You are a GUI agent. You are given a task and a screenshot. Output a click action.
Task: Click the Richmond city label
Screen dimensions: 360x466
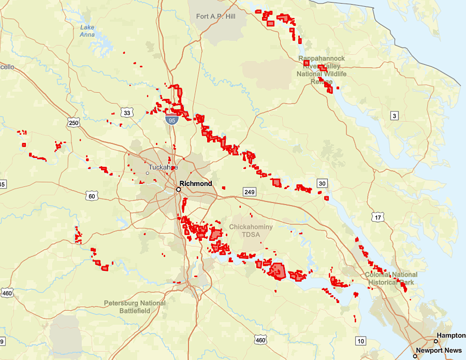196,184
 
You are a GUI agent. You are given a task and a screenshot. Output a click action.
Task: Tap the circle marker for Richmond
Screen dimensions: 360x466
178,190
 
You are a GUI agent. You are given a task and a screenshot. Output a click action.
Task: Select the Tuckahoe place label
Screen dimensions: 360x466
163,167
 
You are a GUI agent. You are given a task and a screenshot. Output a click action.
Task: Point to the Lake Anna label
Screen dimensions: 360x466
88,31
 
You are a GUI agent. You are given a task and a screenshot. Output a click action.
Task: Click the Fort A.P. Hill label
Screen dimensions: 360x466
215,17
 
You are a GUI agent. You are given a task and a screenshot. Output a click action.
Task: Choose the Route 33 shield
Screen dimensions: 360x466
127,112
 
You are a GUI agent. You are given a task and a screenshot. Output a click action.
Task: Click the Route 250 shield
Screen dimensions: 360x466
74,123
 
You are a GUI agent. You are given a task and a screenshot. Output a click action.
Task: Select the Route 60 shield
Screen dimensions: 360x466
92,196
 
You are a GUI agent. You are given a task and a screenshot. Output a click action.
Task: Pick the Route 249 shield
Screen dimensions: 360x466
250,192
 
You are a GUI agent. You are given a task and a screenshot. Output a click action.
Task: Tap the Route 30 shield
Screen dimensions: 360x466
322,183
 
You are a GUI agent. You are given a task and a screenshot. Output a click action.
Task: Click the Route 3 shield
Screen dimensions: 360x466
395,116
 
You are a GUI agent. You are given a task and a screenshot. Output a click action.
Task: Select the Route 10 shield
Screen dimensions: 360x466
360,340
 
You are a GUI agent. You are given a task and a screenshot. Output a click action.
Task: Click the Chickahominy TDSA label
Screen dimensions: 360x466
251,231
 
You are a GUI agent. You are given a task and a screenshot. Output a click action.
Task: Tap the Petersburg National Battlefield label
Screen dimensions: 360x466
135,307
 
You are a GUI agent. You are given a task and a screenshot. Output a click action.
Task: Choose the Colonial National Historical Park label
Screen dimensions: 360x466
390,278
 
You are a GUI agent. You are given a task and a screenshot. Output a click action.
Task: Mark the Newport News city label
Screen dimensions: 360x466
438,351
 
